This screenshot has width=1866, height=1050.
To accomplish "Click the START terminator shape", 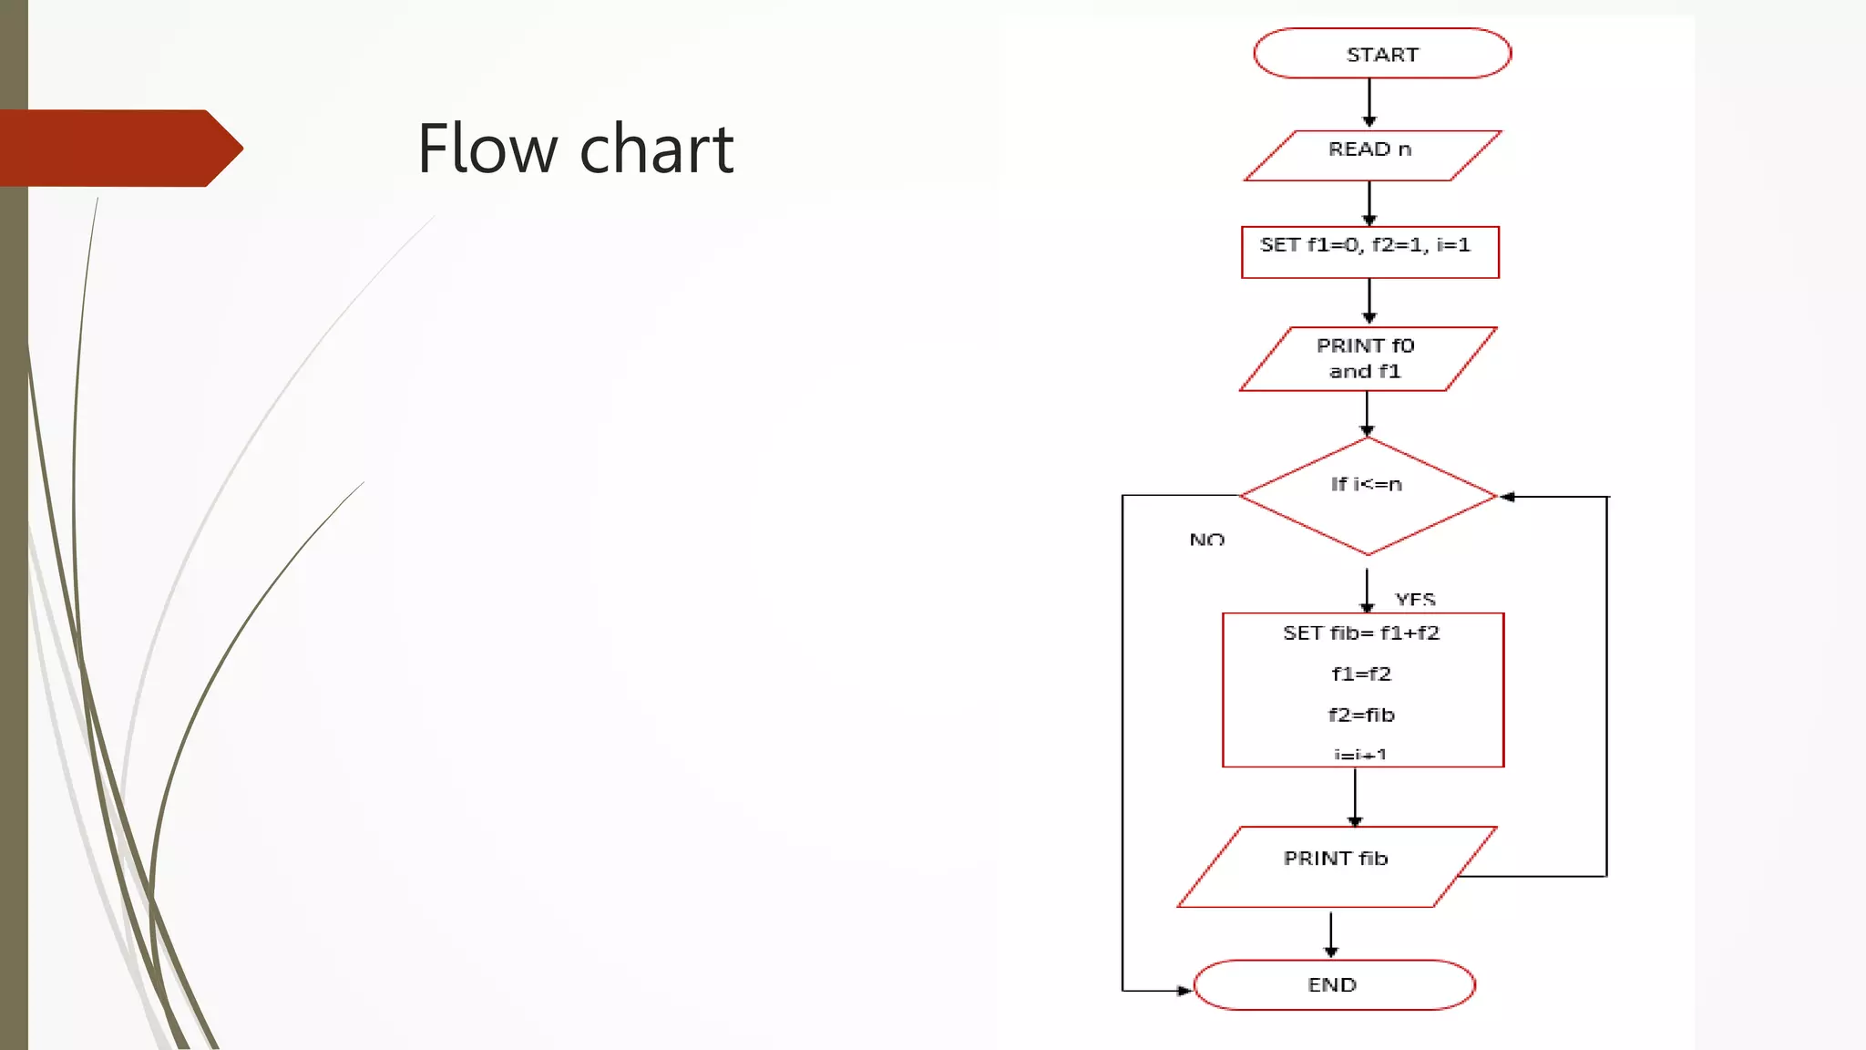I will click(x=1381, y=54).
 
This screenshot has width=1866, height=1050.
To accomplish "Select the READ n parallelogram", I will click(x=1371, y=155).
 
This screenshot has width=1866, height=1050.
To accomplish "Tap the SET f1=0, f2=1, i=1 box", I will click(x=1369, y=252).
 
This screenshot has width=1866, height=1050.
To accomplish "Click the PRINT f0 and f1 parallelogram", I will click(x=1367, y=359).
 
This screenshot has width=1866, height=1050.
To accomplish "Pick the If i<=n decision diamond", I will click(x=1367, y=497).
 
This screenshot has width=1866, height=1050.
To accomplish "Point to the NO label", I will click(x=1206, y=540).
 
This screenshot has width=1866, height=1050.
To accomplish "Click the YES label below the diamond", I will click(x=1414, y=599).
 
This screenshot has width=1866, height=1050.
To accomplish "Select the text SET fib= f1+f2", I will click(x=1360, y=633).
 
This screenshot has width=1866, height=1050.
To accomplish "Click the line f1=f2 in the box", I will click(x=1360, y=674).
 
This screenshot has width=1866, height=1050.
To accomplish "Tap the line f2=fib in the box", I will click(x=1360, y=715).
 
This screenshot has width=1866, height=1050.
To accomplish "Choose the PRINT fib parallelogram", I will click(x=1336, y=866).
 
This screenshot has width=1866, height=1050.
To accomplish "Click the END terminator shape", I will click(x=1333, y=984).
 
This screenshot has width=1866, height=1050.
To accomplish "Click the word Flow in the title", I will click(x=486, y=149).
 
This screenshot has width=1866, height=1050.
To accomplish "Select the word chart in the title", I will click(x=656, y=149).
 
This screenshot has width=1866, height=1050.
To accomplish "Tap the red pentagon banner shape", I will click(x=118, y=148).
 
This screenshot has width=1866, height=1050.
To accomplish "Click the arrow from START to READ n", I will click(x=1369, y=103).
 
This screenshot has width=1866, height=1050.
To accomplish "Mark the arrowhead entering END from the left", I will click(x=1184, y=990).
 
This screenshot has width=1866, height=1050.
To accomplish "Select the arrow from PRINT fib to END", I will click(x=1330, y=933).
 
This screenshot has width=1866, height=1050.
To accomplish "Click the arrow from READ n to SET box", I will click(x=1369, y=202).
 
